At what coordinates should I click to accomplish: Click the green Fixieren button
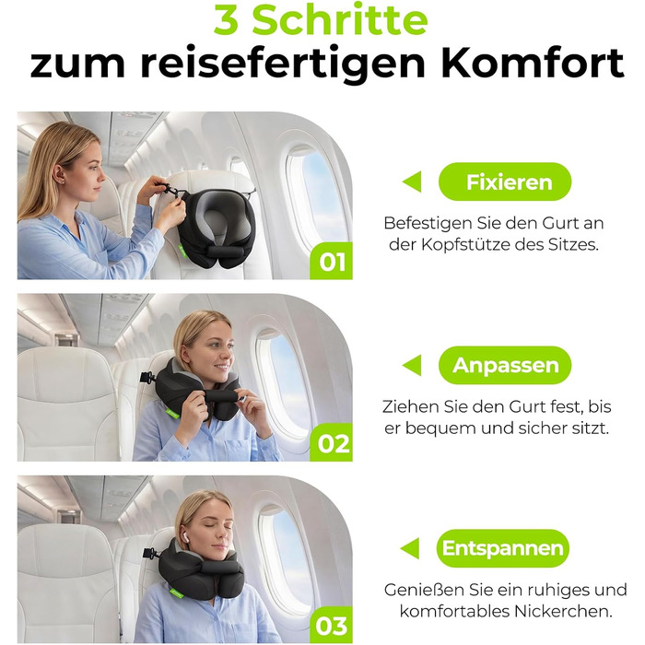coord(505,182)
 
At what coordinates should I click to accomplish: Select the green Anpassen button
coord(505,365)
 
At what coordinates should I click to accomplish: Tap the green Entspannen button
coord(503,548)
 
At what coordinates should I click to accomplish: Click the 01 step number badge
coord(332,261)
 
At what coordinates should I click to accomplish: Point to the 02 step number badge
coord(332,442)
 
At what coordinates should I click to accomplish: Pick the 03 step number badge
coord(332,626)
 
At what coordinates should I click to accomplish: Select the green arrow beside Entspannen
coord(410,548)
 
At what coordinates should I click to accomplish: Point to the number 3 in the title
coord(226,20)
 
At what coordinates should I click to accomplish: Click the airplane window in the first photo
coord(315,198)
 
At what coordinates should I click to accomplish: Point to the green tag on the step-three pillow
coord(176,593)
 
